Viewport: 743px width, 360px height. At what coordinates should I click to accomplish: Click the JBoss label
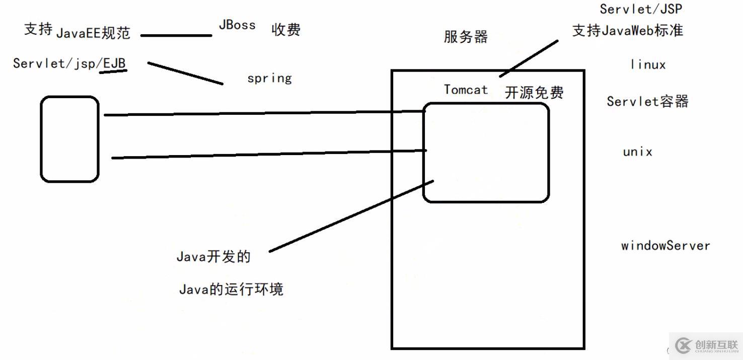pyautogui.click(x=237, y=25)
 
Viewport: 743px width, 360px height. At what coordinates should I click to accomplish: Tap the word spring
pyautogui.click(x=269, y=78)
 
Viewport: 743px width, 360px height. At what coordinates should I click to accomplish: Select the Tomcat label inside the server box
pyautogui.click(x=466, y=90)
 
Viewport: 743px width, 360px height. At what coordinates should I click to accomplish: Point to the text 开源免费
pyautogui.click(x=534, y=93)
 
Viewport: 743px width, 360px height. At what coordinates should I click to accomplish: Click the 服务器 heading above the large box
pyautogui.click(x=466, y=37)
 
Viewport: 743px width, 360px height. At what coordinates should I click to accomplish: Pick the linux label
pyautogui.click(x=648, y=65)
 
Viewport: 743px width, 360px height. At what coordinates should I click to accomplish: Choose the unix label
pyautogui.click(x=637, y=152)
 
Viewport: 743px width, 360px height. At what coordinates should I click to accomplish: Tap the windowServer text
pyautogui.click(x=665, y=246)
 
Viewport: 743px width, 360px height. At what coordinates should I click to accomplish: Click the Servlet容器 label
pyautogui.click(x=647, y=101)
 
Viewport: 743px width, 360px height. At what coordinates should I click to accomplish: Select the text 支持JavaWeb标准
pyautogui.click(x=627, y=30)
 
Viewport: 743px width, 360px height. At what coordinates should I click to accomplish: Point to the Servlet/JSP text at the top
pyautogui.click(x=641, y=9)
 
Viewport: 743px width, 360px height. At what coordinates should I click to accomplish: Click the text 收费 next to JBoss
pyautogui.click(x=286, y=30)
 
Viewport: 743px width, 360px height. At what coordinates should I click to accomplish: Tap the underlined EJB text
pyautogui.click(x=114, y=63)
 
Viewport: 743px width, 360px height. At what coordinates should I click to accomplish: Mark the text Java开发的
pyautogui.click(x=213, y=256)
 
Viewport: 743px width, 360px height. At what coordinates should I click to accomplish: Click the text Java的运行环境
pyautogui.click(x=231, y=289)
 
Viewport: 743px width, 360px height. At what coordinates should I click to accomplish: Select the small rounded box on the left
pyautogui.click(x=69, y=139)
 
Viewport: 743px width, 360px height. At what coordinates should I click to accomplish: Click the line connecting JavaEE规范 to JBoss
pyautogui.click(x=176, y=36)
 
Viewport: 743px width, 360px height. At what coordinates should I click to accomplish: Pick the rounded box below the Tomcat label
pyautogui.click(x=486, y=153)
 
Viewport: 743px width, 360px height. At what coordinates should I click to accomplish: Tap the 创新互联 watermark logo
pyautogui.click(x=706, y=345)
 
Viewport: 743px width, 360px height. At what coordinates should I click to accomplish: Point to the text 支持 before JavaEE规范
pyautogui.click(x=38, y=29)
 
